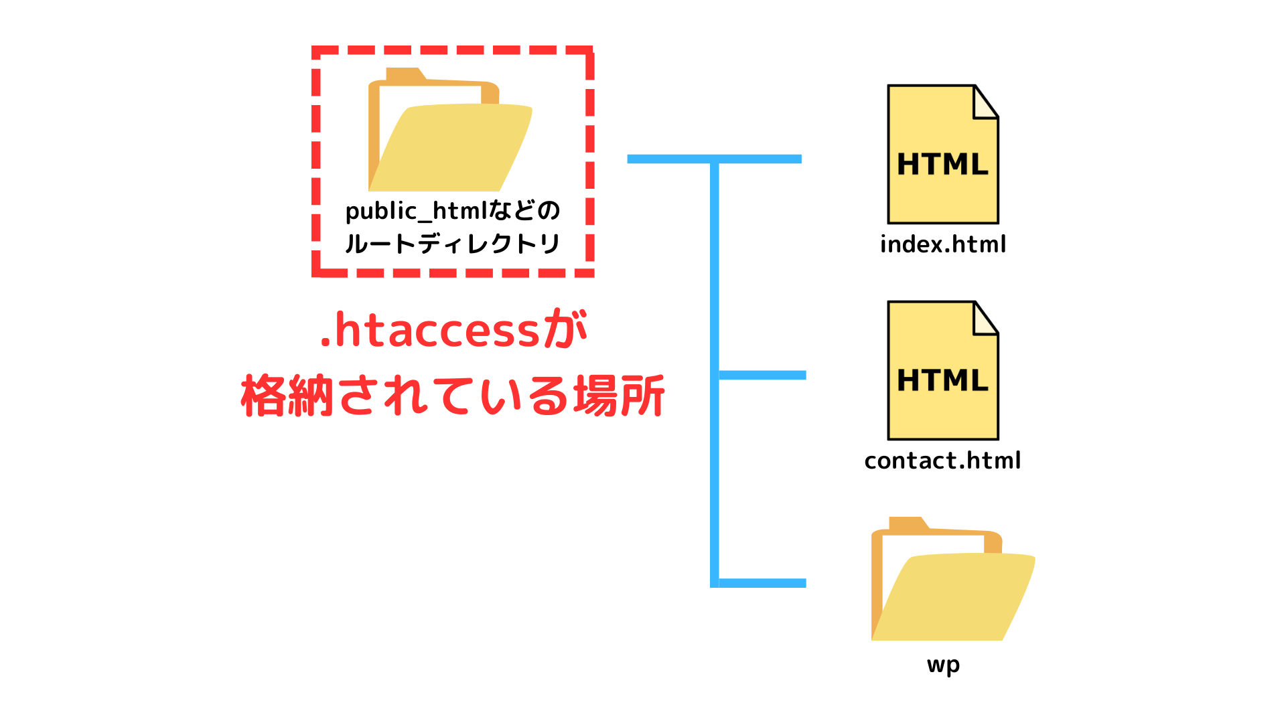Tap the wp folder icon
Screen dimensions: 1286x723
pyautogui.click(x=953, y=579)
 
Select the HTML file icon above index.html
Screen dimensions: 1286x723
pyautogui.click(x=943, y=154)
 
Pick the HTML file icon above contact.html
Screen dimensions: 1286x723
pyautogui.click(x=943, y=370)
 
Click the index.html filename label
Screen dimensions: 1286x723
pyautogui.click(x=943, y=244)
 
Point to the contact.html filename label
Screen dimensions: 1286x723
pyautogui.click(x=942, y=461)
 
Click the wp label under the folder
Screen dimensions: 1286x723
pyautogui.click(x=944, y=665)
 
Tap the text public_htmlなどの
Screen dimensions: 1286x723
pyautogui.click(x=453, y=212)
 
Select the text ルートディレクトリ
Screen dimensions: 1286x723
pyautogui.click(x=453, y=244)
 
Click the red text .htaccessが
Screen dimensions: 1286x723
pyautogui.click(x=453, y=329)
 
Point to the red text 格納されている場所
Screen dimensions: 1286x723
pyautogui.click(x=453, y=396)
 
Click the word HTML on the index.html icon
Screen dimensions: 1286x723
pyautogui.click(x=942, y=164)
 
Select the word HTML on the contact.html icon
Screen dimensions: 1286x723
pyautogui.click(x=942, y=380)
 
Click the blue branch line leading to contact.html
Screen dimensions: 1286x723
pyautogui.click(x=762, y=376)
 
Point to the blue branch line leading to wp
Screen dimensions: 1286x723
pyautogui.click(x=762, y=583)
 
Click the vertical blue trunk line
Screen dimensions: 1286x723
pyautogui.click(x=715, y=374)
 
